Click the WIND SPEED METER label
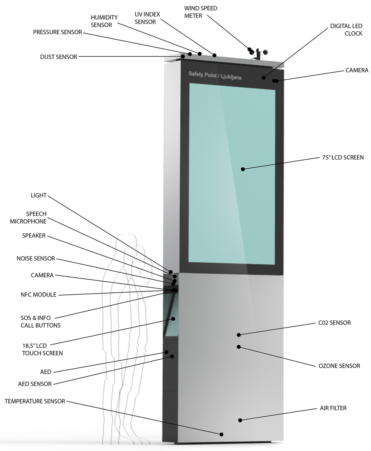201,12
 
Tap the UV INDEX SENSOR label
145,18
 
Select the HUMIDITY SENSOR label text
104,21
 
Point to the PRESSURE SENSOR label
58,32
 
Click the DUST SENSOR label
58,57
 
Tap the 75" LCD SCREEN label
343,158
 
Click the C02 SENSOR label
334,323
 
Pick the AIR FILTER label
333,408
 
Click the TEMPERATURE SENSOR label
35,401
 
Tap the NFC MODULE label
38,294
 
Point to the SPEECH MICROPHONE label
28,218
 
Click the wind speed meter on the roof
260,53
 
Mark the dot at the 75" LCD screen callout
243,169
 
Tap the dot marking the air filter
240,420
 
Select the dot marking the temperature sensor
221,434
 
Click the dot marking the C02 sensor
239,334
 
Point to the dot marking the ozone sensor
239,347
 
